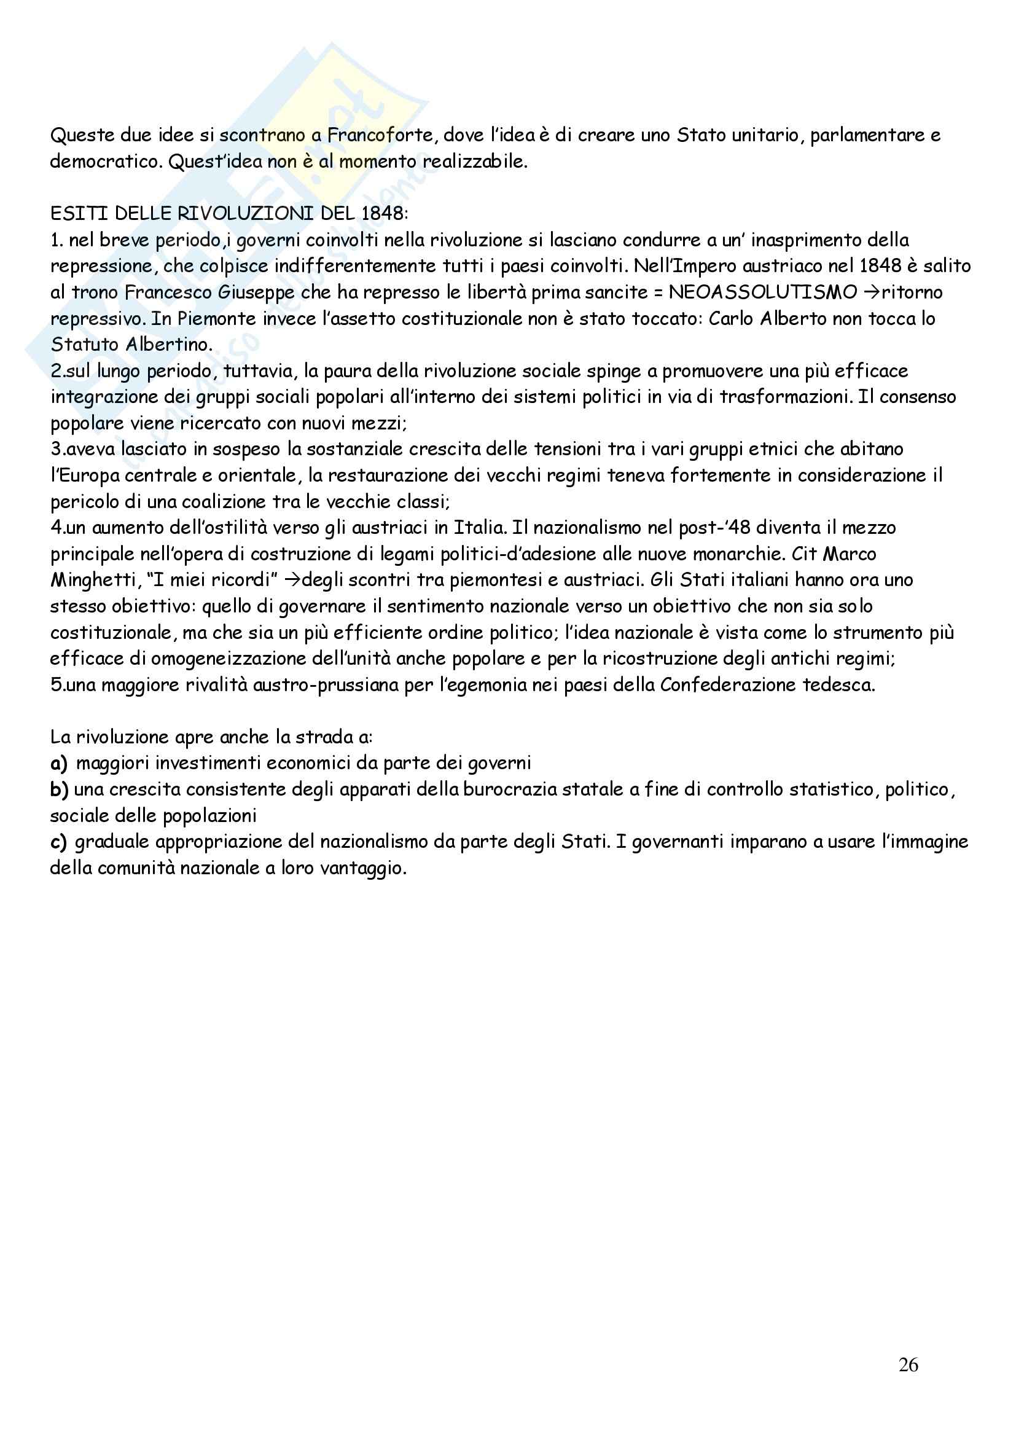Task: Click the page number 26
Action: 908,1365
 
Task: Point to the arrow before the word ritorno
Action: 872,292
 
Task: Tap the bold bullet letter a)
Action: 59,763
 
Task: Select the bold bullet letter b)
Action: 59,789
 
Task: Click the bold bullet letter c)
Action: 58,842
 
